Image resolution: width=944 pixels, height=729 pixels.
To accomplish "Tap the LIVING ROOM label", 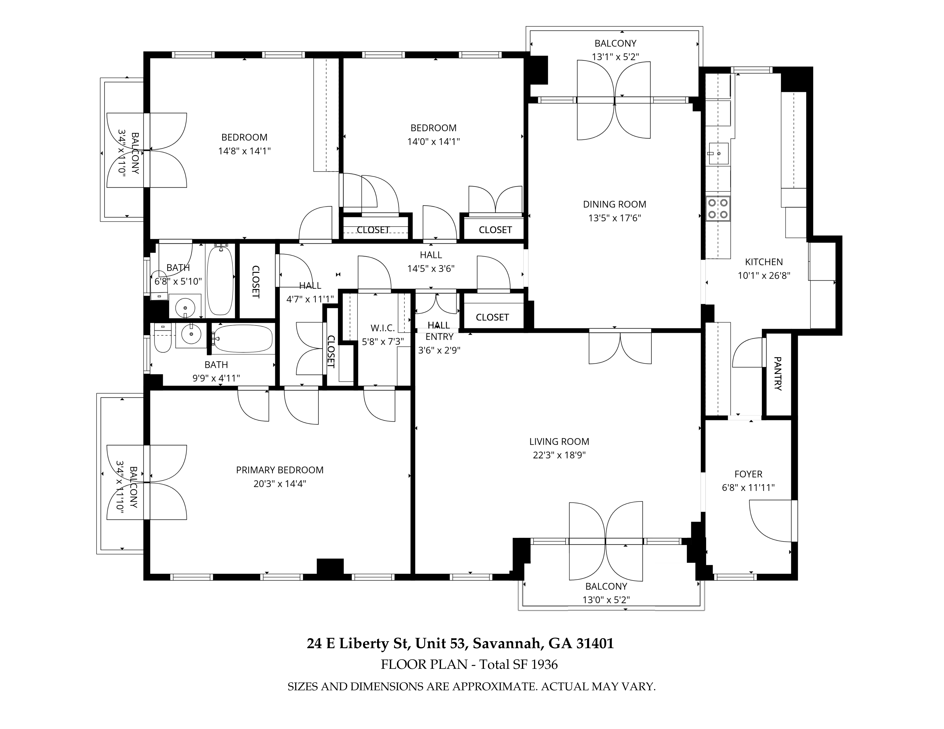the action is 559,442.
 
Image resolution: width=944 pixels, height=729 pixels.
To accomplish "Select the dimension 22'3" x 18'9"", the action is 559,455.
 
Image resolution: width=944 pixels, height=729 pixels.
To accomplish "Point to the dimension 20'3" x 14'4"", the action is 280,483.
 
